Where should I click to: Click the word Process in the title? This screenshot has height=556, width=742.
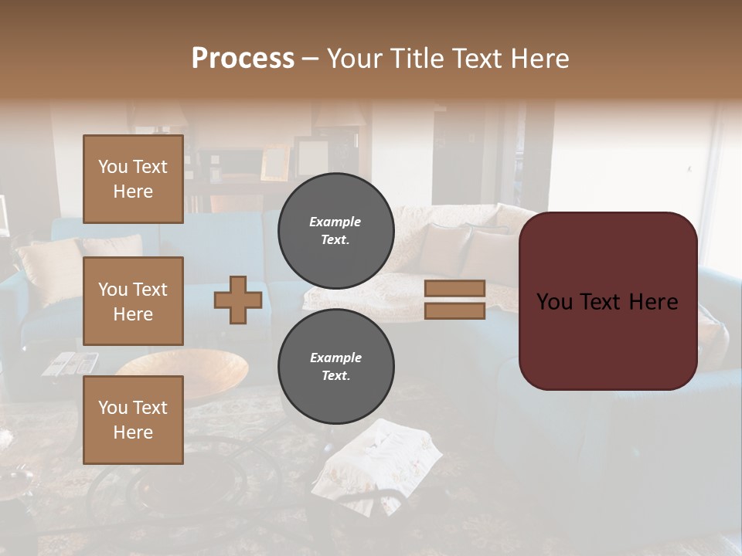point(243,58)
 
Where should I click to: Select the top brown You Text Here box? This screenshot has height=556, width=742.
point(133,179)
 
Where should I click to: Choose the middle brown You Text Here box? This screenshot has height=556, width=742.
point(133,301)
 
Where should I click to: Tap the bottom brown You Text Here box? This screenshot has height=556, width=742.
point(133,419)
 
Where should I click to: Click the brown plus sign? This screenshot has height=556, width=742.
point(238,300)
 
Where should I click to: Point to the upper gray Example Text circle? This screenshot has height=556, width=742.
point(336,231)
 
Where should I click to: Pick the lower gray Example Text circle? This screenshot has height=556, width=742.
point(336,367)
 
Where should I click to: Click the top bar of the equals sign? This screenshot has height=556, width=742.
point(454,288)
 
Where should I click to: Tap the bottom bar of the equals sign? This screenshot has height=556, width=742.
point(454,310)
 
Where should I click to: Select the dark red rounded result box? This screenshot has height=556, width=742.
point(608,301)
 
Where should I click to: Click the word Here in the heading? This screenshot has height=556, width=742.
point(538,58)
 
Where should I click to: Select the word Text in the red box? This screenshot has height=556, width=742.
point(607,301)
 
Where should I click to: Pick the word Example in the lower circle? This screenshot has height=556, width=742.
point(335,358)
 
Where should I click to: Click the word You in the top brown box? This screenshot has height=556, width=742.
point(113,167)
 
